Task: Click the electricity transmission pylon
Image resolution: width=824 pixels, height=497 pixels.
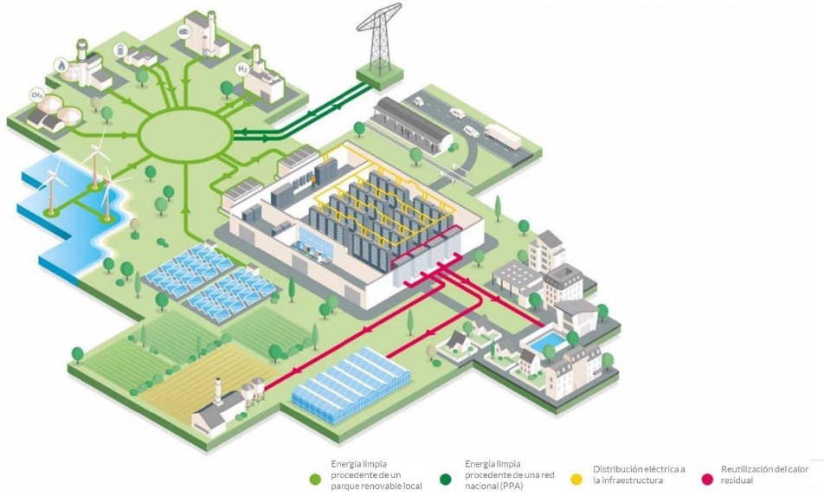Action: [380, 39]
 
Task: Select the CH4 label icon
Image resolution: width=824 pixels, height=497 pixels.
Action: [37, 94]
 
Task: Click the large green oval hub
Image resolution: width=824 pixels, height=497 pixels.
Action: [185, 133]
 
